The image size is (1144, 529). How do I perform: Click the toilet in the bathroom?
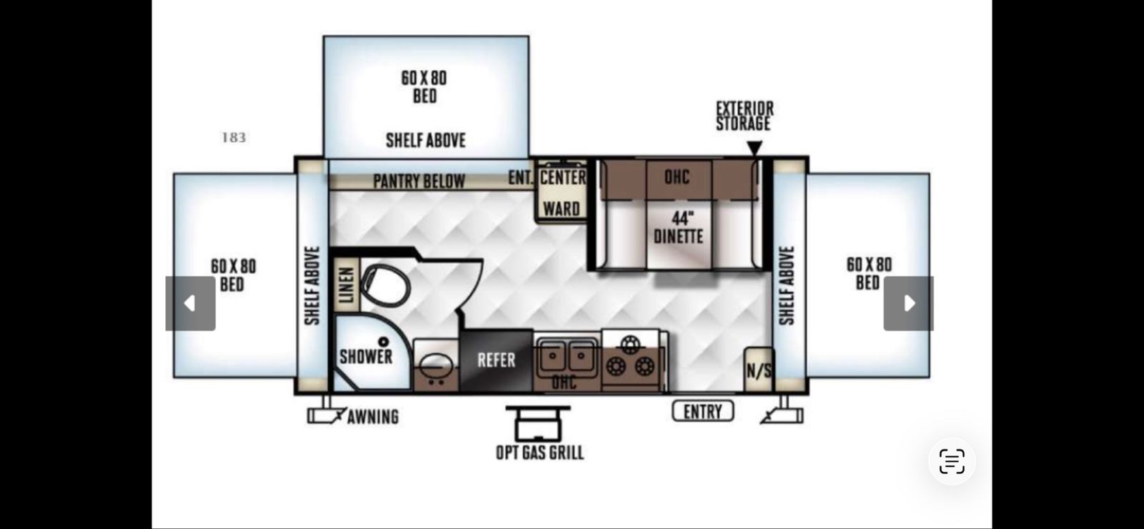(x=385, y=285)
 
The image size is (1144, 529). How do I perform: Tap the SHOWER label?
(x=365, y=357)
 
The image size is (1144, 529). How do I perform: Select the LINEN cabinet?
(x=347, y=285)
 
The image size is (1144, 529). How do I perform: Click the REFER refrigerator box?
(x=496, y=360)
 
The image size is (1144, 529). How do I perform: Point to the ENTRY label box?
(x=703, y=411)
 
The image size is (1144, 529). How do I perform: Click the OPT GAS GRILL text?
(x=540, y=453)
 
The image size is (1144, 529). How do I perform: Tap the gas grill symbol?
(x=538, y=423)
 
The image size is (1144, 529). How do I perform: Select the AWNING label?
(x=373, y=417)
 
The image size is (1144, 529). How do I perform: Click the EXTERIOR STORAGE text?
(x=744, y=116)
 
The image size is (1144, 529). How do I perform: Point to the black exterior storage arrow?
(x=755, y=147)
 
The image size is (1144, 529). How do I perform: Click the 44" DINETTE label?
(x=679, y=227)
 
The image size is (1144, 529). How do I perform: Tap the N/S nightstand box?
(x=759, y=370)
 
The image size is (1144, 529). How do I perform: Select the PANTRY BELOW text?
(x=419, y=182)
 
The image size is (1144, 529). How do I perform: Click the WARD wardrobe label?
(x=561, y=209)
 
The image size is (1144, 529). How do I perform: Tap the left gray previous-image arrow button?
(x=190, y=303)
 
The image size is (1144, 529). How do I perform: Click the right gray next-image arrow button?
(x=909, y=303)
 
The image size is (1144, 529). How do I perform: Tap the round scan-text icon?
(x=952, y=462)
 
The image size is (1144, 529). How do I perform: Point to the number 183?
(x=234, y=138)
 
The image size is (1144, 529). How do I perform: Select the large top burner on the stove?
(x=631, y=343)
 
